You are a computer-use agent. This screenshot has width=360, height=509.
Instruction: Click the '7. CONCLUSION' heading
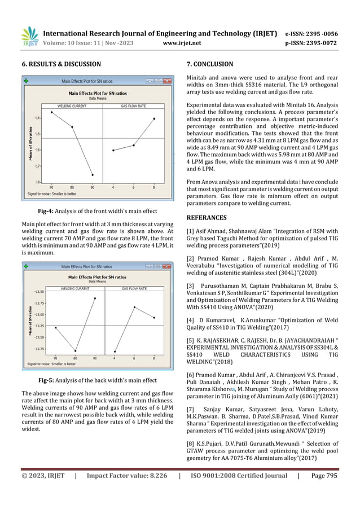[212, 64]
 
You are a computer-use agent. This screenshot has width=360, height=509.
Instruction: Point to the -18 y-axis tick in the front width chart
[37, 182]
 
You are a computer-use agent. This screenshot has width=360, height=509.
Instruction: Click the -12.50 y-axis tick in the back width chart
[37, 292]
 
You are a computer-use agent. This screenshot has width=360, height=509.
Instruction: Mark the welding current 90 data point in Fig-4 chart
[93, 175]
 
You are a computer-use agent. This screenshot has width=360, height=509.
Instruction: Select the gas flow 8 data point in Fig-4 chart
[154, 119]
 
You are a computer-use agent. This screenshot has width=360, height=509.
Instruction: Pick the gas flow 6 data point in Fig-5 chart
[134, 307]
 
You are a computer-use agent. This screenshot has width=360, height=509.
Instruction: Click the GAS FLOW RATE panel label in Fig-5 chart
[134, 288]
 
